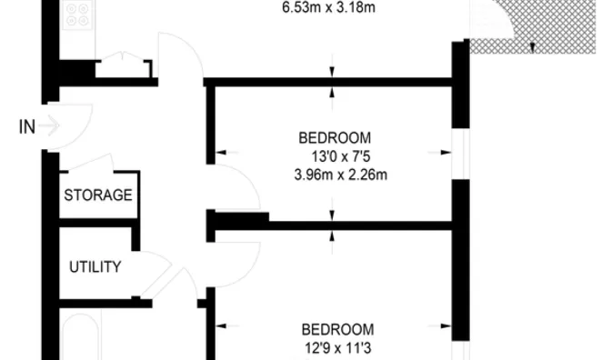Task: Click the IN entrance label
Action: pos(27,127)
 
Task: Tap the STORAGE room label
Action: pos(99,195)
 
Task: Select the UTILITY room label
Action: pos(95,266)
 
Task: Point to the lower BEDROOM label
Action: pos(337,329)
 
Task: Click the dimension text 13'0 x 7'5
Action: pos(336,155)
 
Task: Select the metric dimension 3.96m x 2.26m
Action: pos(336,173)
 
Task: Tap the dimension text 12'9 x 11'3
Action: pos(338,346)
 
